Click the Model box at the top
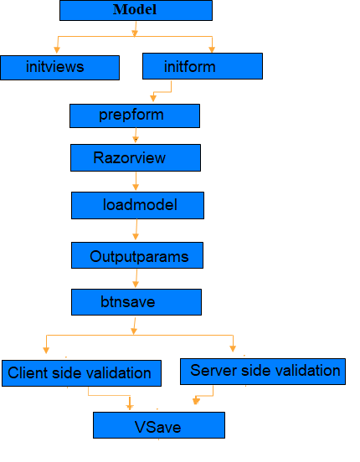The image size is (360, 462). [136, 10]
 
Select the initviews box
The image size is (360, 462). [59, 68]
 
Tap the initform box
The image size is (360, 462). [203, 66]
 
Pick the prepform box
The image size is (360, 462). [135, 116]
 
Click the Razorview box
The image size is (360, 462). [136, 157]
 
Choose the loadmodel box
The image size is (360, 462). [137, 205]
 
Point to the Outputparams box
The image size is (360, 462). [137, 255]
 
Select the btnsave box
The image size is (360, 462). [136, 302]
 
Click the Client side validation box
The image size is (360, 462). [82, 373]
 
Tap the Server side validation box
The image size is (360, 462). [263, 372]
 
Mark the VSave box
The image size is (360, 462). [159, 425]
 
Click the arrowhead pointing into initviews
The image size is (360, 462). [57, 49]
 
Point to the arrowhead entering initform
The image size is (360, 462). [212, 49]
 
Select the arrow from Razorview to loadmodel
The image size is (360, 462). [136, 182]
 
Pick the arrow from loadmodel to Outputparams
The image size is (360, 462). [136, 229]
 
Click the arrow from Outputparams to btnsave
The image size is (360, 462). [136, 279]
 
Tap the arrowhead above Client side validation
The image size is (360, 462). [46, 350]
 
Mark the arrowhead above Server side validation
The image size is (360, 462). [233, 348]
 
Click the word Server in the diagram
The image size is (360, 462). [213, 371]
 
